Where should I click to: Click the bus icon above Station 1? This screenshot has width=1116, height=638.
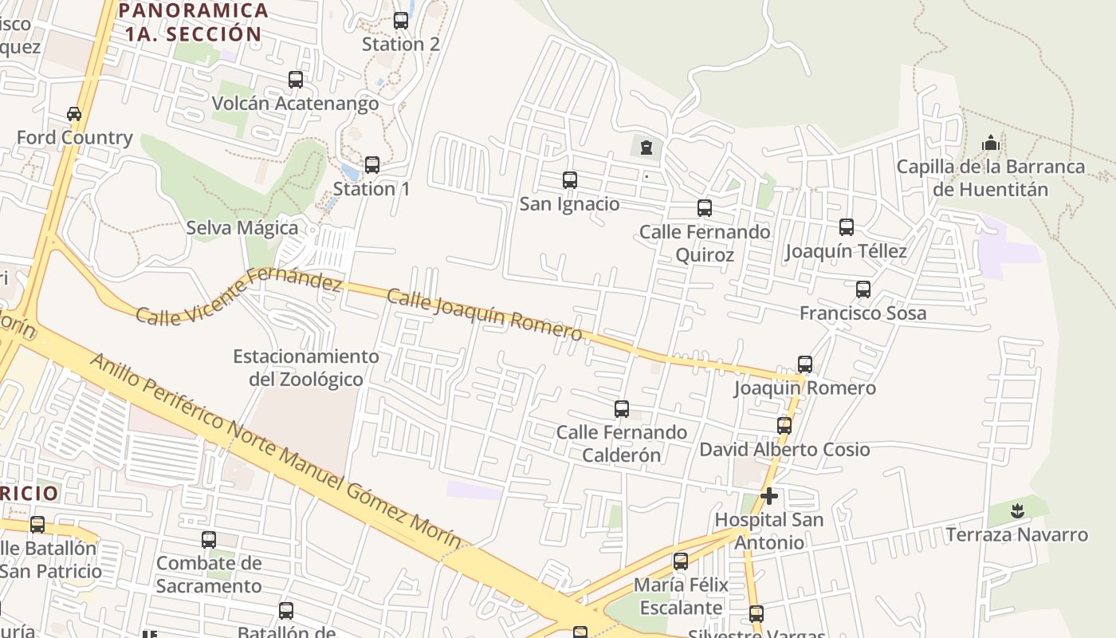click(x=371, y=165)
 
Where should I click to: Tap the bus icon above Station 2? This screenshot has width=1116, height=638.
click(x=401, y=21)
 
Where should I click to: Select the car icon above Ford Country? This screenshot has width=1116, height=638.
click(x=74, y=114)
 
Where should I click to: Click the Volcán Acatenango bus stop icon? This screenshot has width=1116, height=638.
click(x=296, y=80)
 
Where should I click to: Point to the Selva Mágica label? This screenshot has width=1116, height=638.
click(x=242, y=228)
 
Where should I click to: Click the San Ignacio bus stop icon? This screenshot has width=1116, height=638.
click(x=569, y=180)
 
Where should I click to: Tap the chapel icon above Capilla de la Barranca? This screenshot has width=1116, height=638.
click(x=991, y=144)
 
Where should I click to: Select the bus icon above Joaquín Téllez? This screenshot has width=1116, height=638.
click(x=846, y=227)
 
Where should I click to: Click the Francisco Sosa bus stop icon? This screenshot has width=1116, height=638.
click(x=863, y=289)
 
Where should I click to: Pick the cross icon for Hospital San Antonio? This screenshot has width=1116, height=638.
click(x=769, y=496)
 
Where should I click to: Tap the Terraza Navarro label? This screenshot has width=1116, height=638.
click(x=1016, y=534)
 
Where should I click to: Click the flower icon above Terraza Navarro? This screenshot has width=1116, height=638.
click(x=1016, y=510)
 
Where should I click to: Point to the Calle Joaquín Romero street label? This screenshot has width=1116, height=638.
click(x=484, y=314)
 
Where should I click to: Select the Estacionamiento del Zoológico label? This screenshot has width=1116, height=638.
click(x=305, y=368)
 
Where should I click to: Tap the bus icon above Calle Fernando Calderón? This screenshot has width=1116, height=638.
click(x=622, y=409)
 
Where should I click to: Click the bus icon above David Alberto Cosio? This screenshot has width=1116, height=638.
click(x=784, y=426)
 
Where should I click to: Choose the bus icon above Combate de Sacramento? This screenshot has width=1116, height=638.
click(x=209, y=540)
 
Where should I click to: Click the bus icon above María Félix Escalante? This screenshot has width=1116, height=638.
click(x=681, y=561)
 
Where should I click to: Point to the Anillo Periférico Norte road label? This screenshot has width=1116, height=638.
click(x=275, y=452)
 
